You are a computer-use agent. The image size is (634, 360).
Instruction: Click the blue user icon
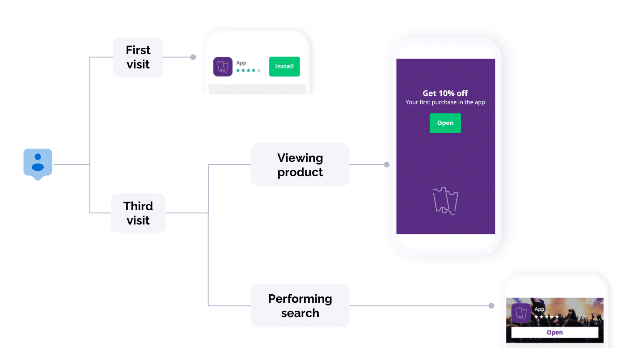pyautogui.click(x=38, y=163)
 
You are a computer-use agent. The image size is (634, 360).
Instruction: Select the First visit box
pyautogui.click(x=138, y=57)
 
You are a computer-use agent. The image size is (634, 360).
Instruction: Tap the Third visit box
pyautogui.click(x=138, y=213)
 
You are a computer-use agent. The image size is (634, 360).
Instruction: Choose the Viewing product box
pyautogui.click(x=300, y=165)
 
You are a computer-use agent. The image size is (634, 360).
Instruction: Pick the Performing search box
pyautogui.click(x=300, y=306)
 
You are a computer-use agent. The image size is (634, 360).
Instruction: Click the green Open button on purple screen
pyautogui.click(x=445, y=123)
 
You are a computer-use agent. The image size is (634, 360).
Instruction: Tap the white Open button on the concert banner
pyautogui.click(x=554, y=332)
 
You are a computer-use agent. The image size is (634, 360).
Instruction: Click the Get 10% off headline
pyautogui.click(x=445, y=93)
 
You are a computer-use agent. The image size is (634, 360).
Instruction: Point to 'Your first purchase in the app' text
pyautogui.click(x=445, y=102)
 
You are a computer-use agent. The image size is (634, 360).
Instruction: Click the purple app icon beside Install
pyautogui.click(x=223, y=67)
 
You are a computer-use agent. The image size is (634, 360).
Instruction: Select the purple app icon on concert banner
pyautogui.click(x=521, y=313)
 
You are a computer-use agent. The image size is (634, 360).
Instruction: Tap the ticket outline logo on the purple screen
pyautogui.click(x=445, y=201)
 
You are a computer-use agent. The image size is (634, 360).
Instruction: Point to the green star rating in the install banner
pyautogui.click(x=248, y=71)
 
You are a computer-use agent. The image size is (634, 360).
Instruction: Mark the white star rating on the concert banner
pyautogui.click(x=546, y=317)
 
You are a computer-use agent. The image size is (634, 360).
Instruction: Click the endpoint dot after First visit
pyautogui.click(x=193, y=57)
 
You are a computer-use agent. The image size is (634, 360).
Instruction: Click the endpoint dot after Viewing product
pyautogui.click(x=387, y=165)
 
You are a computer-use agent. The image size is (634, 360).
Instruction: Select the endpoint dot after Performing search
pyautogui.click(x=491, y=306)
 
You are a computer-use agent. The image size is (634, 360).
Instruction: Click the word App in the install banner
pyautogui.click(x=241, y=63)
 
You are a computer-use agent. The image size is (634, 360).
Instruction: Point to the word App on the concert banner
pyautogui.click(x=539, y=309)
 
